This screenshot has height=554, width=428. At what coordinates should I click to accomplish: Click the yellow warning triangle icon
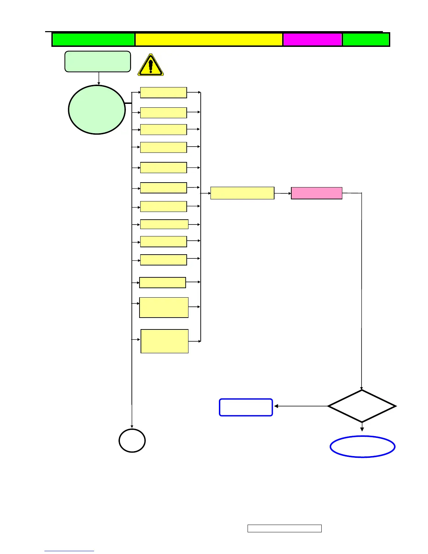coord(151,65)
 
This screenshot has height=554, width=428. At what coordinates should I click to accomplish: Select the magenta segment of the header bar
coord(312,40)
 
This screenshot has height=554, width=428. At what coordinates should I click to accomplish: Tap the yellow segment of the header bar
coord(208,40)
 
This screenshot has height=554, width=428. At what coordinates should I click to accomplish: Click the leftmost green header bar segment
coord(93,40)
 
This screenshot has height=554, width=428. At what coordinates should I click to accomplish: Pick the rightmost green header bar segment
coord(366,40)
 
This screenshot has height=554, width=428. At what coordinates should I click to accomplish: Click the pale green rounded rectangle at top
coord(98,62)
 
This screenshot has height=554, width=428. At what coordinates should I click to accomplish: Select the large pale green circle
coord(97,109)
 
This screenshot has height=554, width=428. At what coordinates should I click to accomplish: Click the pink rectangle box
coord(316,193)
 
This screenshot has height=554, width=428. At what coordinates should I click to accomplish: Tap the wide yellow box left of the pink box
coord(242,193)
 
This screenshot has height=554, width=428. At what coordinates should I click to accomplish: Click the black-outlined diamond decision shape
coord(362,406)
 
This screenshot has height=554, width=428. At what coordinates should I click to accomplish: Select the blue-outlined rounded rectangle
coord(246,407)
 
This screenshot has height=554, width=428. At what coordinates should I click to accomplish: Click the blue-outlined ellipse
coord(362,447)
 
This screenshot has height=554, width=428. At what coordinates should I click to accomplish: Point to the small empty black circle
coord(132,440)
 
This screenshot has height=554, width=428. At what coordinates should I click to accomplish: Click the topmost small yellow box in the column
coord(163,93)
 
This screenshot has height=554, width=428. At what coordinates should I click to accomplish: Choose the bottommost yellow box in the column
coord(164,341)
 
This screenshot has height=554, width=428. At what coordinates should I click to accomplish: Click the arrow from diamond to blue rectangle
coord(301,406)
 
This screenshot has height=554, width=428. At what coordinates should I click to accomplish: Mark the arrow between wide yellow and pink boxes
coord(283,193)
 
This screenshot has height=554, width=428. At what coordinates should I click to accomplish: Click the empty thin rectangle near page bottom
coord(284,528)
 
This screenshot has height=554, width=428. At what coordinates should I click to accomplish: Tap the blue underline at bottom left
coord(69,551)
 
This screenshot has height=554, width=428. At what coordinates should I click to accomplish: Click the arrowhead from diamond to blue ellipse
coord(362,429)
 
